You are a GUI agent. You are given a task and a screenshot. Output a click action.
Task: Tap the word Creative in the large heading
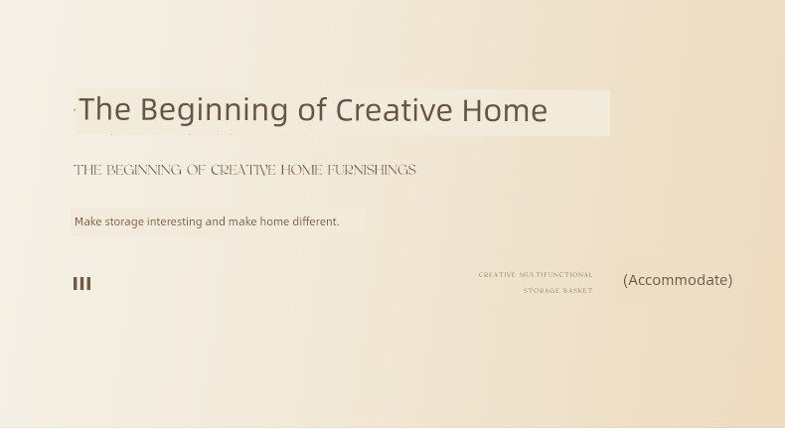[x=393, y=109]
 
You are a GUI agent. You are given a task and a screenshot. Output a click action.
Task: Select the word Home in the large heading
[x=504, y=109]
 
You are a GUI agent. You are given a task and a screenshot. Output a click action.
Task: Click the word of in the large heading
[x=312, y=108]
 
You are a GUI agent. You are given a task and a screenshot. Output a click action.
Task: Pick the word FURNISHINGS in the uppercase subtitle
[x=372, y=170]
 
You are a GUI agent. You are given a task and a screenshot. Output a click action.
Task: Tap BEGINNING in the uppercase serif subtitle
[x=144, y=170]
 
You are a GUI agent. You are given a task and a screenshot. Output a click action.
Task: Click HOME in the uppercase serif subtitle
[x=301, y=170]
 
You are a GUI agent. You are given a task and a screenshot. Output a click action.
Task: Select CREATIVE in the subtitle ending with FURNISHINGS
[x=243, y=170]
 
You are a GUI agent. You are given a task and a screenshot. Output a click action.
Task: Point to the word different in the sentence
[x=315, y=221]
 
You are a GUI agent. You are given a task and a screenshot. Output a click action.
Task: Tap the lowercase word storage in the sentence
[x=124, y=222]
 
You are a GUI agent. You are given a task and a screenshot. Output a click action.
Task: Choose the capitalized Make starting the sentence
[x=88, y=221]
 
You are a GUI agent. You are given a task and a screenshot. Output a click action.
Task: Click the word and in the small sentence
[x=216, y=221]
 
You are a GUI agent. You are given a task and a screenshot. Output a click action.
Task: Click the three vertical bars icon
[x=82, y=284]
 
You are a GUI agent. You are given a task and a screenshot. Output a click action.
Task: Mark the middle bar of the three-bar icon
[x=82, y=284]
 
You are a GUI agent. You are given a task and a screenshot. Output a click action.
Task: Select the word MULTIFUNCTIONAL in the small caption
[x=556, y=275]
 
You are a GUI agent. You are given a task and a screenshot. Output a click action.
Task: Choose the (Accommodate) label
[x=678, y=280]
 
